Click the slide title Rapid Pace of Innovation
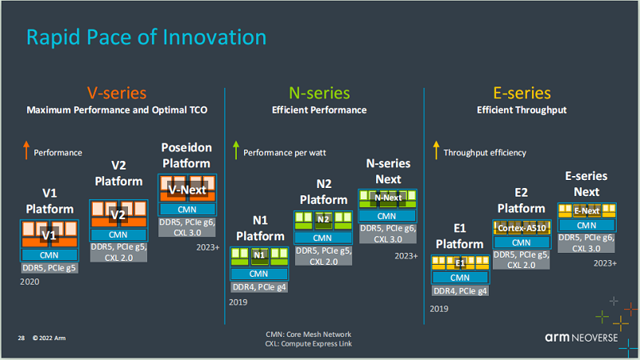click(x=146, y=37)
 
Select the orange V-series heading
click(x=117, y=93)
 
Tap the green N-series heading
click(x=319, y=93)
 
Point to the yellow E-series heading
click(x=522, y=93)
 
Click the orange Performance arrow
click(x=26, y=150)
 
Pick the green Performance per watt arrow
click(x=236, y=150)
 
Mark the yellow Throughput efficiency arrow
click(x=436, y=150)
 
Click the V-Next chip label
click(x=187, y=190)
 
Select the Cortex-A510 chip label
click(x=522, y=228)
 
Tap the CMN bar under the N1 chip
click(x=258, y=274)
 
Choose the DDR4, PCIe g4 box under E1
click(x=460, y=290)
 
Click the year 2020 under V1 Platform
click(x=30, y=282)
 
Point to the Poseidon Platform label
click(x=186, y=155)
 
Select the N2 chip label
click(x=323, y=219)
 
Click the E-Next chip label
click(x=586, y=210)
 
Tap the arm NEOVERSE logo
click(x=582, y=338)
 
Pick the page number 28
click(x=22, y=338)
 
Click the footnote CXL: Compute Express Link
click(x=308, y=344)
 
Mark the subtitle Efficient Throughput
click(x=522, y=110)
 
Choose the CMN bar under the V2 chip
click(x=118, y=234)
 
